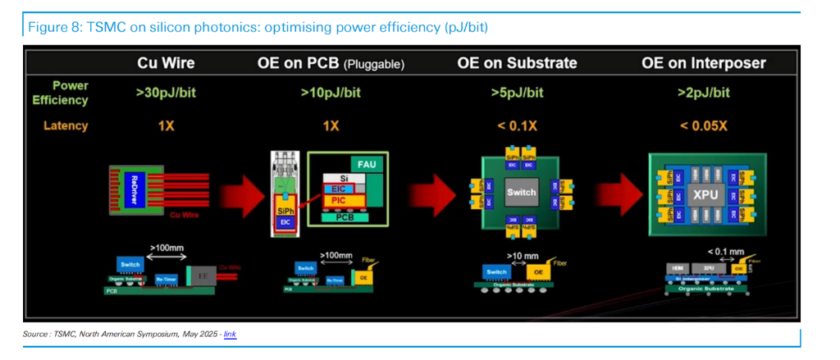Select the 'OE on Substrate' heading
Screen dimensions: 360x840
517,63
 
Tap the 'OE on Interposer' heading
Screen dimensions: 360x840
705,63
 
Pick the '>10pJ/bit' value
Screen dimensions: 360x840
331,93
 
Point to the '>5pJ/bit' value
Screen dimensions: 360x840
517,93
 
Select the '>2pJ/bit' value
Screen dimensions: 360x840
704,93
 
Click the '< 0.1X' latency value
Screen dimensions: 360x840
517,125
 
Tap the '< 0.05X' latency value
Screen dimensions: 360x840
704,125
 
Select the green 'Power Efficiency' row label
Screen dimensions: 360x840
60,93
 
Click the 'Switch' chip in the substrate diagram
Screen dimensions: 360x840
521,193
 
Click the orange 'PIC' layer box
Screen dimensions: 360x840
338,200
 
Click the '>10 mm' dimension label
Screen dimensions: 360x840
522,256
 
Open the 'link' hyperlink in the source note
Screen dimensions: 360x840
230,335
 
